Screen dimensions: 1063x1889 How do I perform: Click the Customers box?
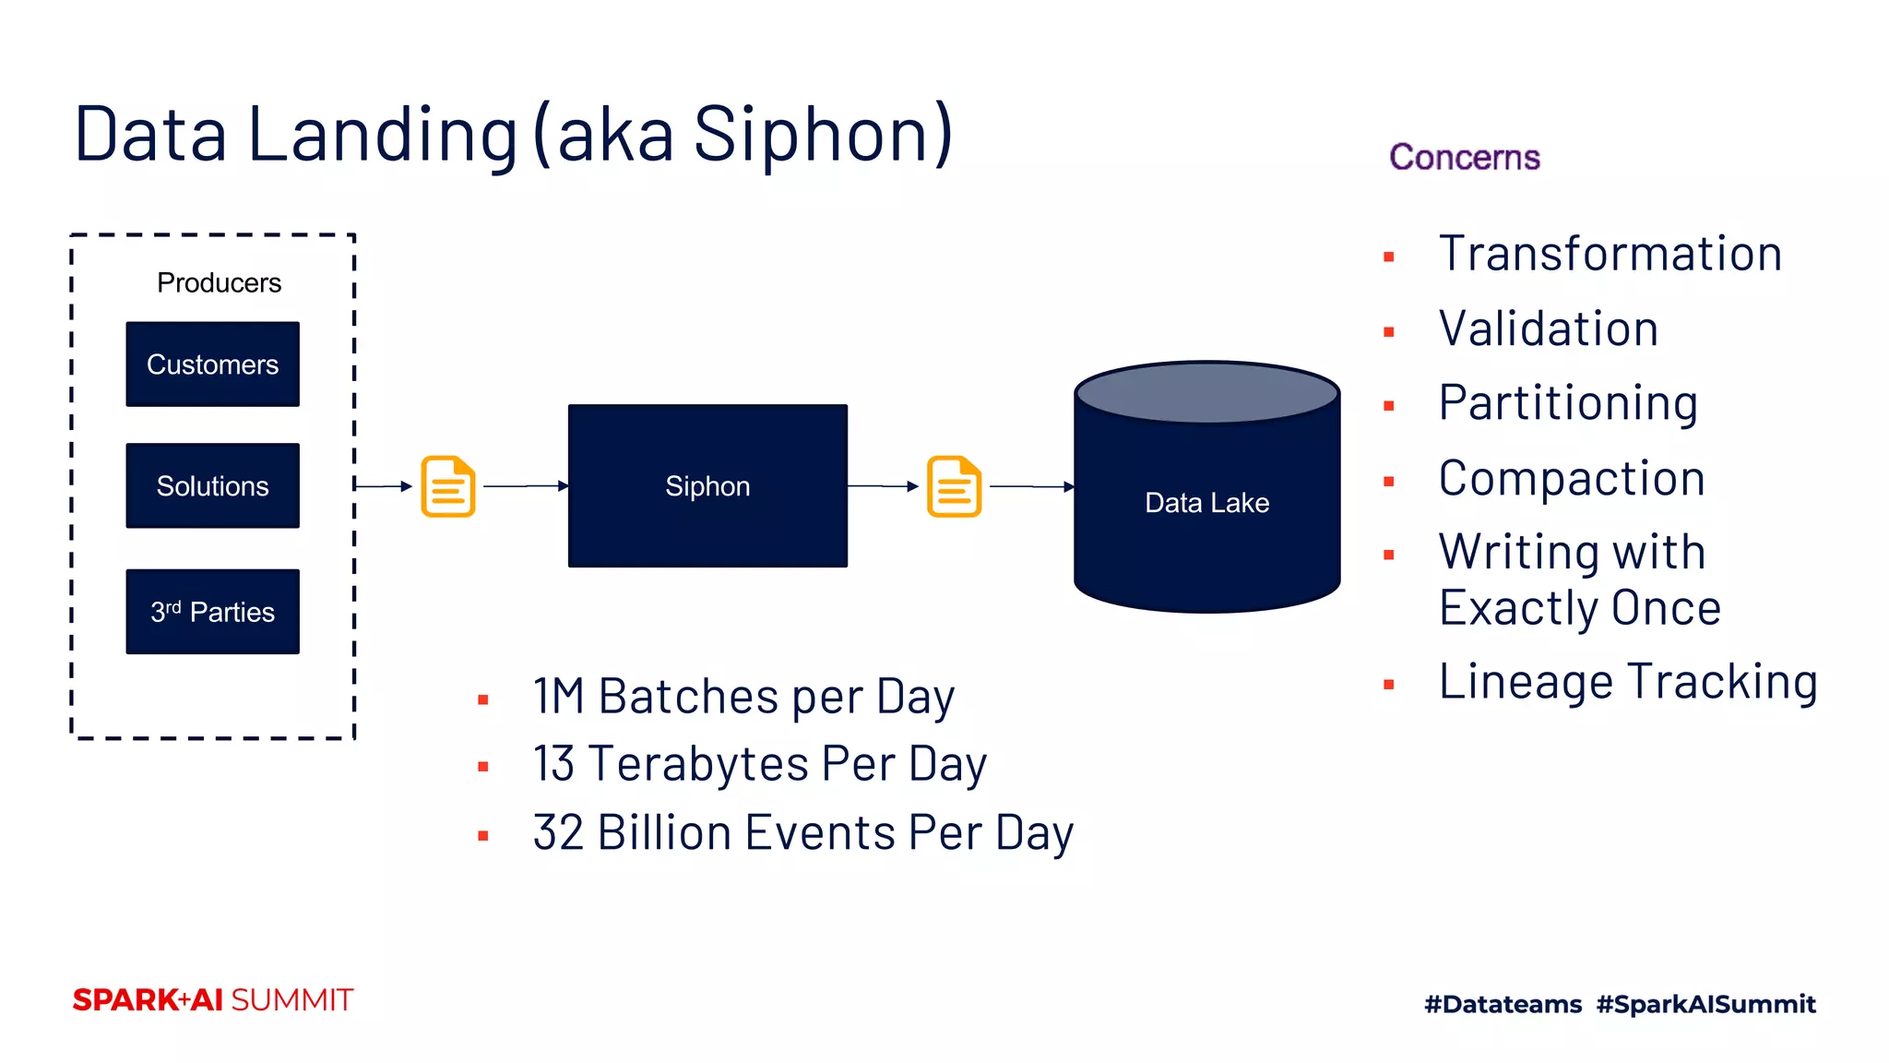(212, 364)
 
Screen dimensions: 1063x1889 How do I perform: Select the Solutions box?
(212, 486)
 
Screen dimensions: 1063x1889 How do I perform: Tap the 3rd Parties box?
(212, 612)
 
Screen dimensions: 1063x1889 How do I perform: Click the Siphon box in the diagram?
(707, 486)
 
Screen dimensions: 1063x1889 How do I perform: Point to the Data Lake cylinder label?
(1206, 503)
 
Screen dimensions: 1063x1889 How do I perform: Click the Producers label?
(219, 282)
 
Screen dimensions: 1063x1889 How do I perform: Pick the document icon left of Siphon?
(448, 486)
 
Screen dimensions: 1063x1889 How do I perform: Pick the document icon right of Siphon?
(954, 486)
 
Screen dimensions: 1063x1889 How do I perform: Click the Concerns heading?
(1464, 158)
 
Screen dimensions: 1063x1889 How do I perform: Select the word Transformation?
(1610, 254)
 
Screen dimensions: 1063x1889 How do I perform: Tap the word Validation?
(1548, 329)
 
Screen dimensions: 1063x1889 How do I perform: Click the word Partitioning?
(1568, 403)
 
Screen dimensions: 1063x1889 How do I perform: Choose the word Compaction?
(1571, 479)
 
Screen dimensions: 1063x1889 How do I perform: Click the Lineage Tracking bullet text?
(1628, 682)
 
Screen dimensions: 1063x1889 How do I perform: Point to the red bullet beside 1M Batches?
(482, 700)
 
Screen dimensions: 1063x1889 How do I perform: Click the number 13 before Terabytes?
(553, 764)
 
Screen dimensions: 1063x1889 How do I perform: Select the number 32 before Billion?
(558, 833)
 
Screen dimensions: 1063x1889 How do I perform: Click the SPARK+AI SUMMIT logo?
(212, 1000)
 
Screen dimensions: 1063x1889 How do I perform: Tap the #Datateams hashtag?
(1503, 1004)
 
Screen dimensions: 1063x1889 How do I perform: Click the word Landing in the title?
(382, 135)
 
